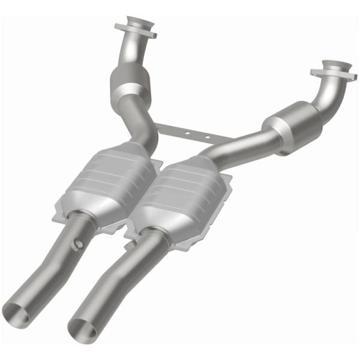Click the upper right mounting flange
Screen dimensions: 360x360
click(x=331, y=70)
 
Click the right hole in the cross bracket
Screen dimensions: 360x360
click(x=208, y=137)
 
